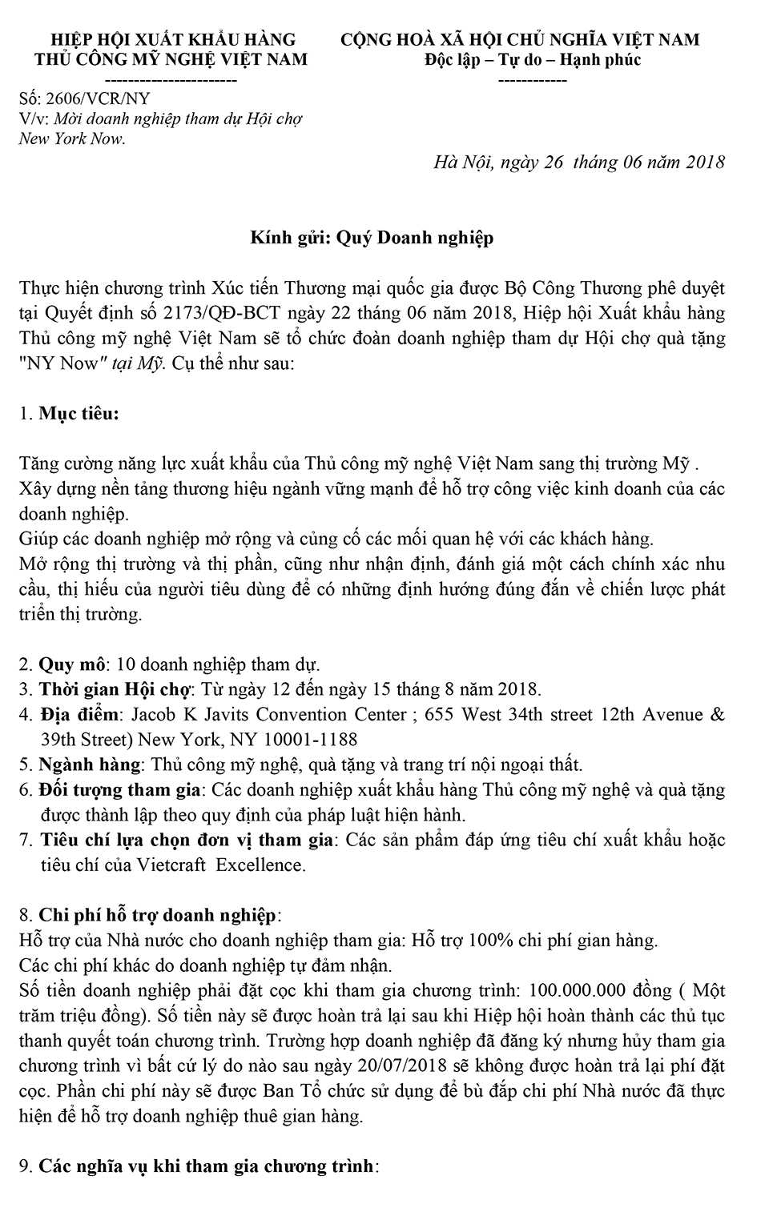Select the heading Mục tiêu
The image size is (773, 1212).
[79, 414]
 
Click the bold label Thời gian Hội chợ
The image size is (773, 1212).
[115, 689]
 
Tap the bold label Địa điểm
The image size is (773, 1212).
[79, 714]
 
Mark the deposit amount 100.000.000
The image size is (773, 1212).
[578, 990]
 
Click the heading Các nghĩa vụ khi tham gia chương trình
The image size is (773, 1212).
[206, 1166]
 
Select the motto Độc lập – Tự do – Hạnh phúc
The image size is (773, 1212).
[533, 60]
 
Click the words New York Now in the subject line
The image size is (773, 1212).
[73, 138]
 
